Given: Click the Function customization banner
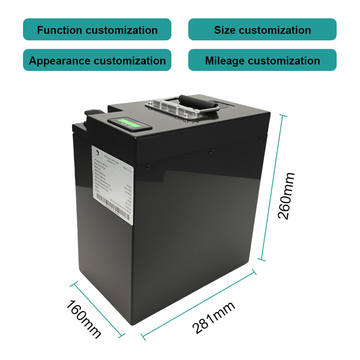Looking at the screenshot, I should click(97, 30).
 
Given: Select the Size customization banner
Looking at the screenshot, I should click(262, 30).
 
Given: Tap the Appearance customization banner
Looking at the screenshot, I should click(97, 60).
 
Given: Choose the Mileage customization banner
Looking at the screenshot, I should click(262, 60).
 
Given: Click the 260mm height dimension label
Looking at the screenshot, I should click(286, 196).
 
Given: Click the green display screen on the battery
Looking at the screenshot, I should click(126, 123).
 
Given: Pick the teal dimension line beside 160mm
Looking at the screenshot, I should click(97, 310).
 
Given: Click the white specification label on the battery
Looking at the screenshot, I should click(112, 184).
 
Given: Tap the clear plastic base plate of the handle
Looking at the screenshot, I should click(171, 109).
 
